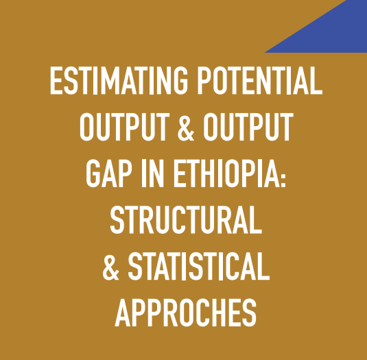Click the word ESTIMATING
(119, 80)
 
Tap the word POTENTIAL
(260, 80)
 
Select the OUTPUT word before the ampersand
(125, 127)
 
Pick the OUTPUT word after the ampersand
(248, 127)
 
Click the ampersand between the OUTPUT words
(186, 127)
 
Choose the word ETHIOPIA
(225, 173)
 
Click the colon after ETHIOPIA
(283, 177)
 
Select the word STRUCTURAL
(186, 219)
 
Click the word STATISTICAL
(199, 266)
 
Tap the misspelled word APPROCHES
(186, 312)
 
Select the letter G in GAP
(93, 173)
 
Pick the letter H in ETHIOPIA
(210, 173)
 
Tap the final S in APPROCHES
(249, 312)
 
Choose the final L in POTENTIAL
(317, 80)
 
